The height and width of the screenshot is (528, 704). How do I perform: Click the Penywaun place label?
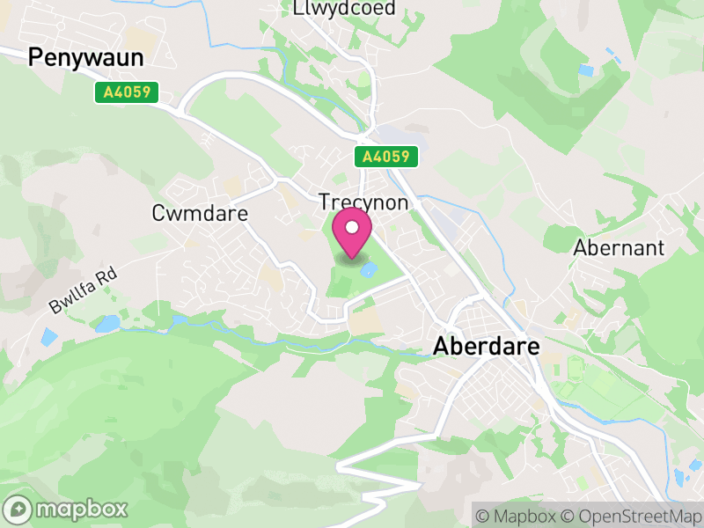coord(85,58)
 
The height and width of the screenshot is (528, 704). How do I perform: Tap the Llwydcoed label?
coord(344,8)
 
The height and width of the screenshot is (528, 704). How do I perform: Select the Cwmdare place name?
coord(200,213)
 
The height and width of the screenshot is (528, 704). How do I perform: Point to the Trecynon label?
coord(363,202)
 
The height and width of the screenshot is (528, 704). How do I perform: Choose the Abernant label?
coord(619,247)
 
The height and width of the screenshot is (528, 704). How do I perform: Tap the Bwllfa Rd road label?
coord(83,290)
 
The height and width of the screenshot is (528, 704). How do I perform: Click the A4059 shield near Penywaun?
coord(127,92)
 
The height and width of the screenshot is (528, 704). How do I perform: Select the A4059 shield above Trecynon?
coord(386,157)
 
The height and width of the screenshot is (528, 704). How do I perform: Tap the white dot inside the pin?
coord(353,228)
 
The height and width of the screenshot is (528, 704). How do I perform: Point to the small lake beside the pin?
coord(369,268)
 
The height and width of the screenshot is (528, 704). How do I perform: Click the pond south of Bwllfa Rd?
coord(106,324)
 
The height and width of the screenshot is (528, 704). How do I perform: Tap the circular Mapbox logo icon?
coord(19,509)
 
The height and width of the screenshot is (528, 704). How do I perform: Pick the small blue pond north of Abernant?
coord(585,70)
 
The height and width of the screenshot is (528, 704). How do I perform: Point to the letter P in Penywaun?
coord(36,58)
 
